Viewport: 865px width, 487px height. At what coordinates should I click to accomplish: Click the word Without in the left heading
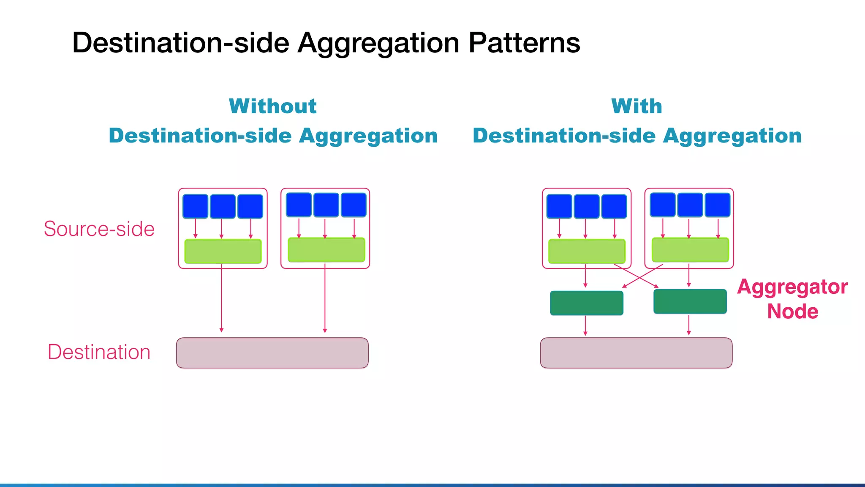pos(273,106)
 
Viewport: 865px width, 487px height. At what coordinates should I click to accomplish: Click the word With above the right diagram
pos(637,106)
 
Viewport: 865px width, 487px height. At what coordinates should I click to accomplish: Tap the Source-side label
pos(99,229)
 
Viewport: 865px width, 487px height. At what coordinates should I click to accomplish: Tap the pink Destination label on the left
pos(99,352)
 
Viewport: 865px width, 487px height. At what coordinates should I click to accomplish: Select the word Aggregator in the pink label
pos(792,287)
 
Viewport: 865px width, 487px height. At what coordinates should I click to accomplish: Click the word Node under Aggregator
pos(792,312)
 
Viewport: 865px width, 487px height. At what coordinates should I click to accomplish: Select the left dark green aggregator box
pos(586,303)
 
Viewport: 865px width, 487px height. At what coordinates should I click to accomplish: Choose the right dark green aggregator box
pos(690,301)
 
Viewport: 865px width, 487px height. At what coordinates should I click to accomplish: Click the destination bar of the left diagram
pos(272,353)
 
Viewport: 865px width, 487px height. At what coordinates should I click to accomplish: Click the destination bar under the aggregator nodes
pos(636,353)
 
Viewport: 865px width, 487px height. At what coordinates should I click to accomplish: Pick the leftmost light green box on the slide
pos(223,252)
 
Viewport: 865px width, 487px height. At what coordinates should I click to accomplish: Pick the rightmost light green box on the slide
pos(690,250)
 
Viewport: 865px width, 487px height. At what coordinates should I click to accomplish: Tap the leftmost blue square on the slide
pos(195,206)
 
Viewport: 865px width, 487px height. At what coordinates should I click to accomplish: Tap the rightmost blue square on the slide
pos(718,205)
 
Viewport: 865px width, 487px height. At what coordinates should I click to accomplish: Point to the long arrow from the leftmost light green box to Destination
pos(221,298)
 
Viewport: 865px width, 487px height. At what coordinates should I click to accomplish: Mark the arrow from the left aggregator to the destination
pos(585,326)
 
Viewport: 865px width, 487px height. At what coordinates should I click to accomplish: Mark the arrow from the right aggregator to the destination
pos(689,325)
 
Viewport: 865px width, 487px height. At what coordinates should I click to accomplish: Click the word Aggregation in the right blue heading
pos(732,136)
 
